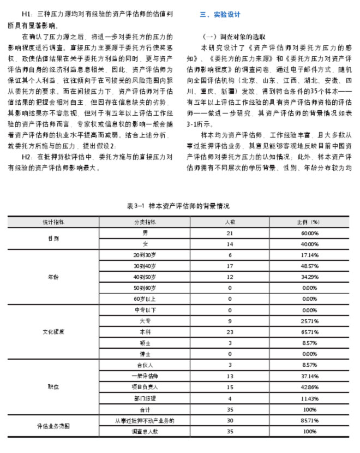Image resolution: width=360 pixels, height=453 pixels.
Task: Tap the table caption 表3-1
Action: pyautogui.click(x=178, y=206)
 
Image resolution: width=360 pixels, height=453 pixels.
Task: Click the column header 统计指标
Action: pyautogui.click(x=53, y=222)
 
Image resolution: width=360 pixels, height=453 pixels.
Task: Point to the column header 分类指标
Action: pyautogui.click(x=145, y=222)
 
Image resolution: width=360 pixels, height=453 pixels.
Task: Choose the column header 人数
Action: pyautogui.click(x=230, y=222)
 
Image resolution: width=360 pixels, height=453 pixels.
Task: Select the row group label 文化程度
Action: pyautogui.click(x=53, y=331)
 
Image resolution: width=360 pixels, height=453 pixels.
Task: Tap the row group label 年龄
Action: pyautogui.click(x=53, y=277)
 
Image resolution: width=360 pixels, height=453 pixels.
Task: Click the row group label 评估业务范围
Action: pyautogui.click(x=53, y=425)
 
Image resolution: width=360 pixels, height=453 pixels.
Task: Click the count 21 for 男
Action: pyautogui.click(x=230, y=233)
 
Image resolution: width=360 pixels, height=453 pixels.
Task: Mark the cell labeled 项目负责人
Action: pyautogui.click(x=145, y=387)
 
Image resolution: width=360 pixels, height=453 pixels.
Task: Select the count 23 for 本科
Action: pyautogui.click(x=230, y=331)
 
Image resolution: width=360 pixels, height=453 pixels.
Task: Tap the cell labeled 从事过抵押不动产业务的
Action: pyautogui.click(x=145, y=420)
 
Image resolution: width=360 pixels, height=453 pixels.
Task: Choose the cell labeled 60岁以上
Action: pyautogui.click(x=145, y=299)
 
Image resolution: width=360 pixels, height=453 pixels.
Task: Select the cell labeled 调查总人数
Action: pyautogui.click(x=145, y=431)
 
